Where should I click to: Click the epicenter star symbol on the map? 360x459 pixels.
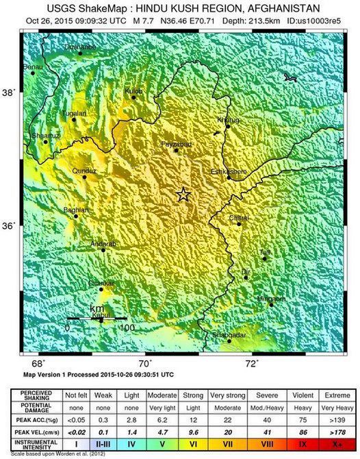pos(183,195)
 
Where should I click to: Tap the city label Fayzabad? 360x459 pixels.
pos(175,144)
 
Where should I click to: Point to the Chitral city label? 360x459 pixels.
pos(239,218)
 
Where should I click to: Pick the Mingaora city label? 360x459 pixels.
pos(270,299)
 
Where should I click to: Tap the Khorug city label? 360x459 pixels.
pos(229,121)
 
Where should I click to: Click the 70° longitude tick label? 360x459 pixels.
pos(145,364)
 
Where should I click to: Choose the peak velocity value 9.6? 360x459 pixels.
pos(194,433)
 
